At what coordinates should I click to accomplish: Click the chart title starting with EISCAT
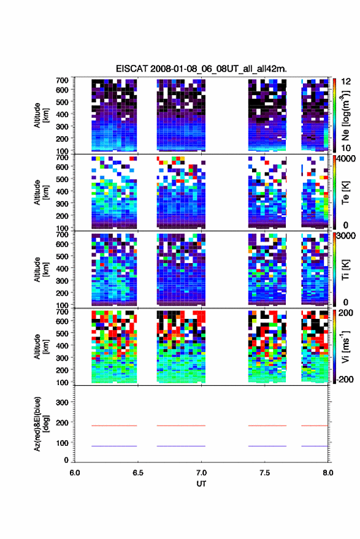[x=201, y=69]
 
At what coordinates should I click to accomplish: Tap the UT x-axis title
[x=201, y=484]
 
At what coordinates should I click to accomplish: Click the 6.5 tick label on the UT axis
[x=138, y=473]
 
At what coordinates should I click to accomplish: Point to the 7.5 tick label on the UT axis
[x=264, y=473]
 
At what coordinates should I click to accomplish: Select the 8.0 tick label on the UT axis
[x=327, y=473]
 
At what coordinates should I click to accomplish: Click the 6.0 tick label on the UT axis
[x=75, y=473]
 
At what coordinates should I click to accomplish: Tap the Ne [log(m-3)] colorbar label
[x=345, y=116]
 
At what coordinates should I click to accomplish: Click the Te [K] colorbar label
[x=345, y=193]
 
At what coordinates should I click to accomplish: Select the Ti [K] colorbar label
[x=345, y=270]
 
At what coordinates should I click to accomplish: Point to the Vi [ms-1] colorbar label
[x=345, y=347]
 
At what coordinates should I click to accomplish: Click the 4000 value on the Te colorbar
[x=346, y=159]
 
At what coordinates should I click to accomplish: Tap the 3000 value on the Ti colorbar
[x=346, y=236]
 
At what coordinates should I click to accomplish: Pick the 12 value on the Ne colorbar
[x=346, y=82]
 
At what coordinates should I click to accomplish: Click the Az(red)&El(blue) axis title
[x=41, y=424]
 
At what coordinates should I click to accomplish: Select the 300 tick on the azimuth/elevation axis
[x=62, y=402]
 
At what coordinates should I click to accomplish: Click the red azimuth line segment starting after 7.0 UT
[x=267, y=426]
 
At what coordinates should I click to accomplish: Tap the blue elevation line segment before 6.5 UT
[x=114, y=446]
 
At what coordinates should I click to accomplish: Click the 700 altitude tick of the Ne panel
[x=62, y=80]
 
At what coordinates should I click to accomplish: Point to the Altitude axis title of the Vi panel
[x=41, y=346]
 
